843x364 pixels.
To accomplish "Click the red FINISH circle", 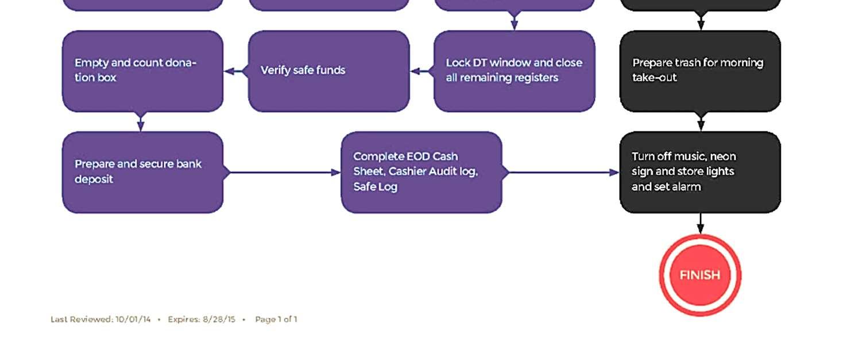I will click(x=700, y=275).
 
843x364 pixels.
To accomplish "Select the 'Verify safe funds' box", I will click(x=328, y=71).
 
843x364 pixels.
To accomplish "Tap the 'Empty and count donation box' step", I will click(x=142, y=71).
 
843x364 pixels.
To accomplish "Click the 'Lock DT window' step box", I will click(x=514, y=71).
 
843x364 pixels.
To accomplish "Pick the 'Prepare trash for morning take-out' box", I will click(x=700, y=71).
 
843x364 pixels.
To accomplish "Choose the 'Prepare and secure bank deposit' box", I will click(x=142, y=172).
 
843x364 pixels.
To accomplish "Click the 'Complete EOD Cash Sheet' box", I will click(x=421, y=172).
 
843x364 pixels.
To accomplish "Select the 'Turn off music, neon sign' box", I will click(x=700, y=172).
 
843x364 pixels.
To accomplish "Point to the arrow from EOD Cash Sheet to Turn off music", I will click(x=562, y=172).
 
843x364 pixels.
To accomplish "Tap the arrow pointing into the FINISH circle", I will click(x=700, y=224).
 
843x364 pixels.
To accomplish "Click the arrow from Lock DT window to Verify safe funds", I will click(x=422, y=71).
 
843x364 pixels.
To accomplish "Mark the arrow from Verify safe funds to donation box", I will click(x=236, y=71).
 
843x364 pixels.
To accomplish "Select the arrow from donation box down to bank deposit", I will click(x=141, y=122).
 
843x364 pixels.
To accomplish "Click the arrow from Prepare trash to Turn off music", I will click(x=701, y=122).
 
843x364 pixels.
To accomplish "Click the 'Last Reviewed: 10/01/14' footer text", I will click(x=100, y=319).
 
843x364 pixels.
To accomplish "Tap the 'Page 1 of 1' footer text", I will click(x=276, y=319).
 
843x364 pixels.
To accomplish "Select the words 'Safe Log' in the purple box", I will click(x=375, y=187).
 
